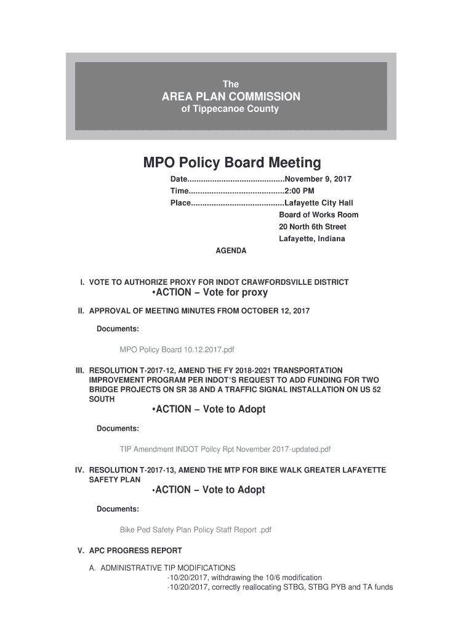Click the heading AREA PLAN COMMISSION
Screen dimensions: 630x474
[231, 97]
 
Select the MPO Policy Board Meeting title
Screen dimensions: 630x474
[232, 163]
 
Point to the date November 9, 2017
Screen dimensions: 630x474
[318, 179]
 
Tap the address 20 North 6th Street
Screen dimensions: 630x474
[313, 227]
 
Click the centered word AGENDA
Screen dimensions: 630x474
[230, 251]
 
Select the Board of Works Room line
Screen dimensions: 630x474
[318, 215]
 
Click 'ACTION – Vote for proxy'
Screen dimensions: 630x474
[209, 293]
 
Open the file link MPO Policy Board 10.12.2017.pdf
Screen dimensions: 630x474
[177, 350]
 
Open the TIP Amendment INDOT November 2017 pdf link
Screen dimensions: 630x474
[225, 449]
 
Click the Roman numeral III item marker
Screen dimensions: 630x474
[79, 370]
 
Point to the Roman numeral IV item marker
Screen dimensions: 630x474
[79, 470]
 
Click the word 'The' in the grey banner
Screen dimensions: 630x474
[231, 84]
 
